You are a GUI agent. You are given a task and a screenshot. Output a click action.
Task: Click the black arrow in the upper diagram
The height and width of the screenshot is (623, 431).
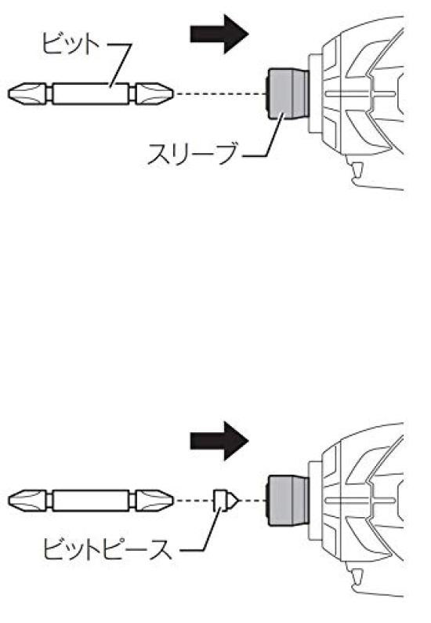pos(219,34)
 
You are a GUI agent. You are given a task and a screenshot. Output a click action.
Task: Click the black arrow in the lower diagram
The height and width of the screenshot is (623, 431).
pos(219,441)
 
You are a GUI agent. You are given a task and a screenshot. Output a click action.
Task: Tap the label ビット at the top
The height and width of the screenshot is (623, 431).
pos(71,44)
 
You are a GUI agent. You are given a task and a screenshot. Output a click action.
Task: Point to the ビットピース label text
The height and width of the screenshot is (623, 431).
pos(108,549)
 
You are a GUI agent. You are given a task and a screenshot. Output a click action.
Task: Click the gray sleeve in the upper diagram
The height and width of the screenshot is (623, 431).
pos(287,94)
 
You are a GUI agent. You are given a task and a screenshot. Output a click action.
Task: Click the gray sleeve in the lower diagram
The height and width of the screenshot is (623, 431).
pos(287,501)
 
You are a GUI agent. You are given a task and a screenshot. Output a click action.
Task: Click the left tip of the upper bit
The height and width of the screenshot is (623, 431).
pos(9,94)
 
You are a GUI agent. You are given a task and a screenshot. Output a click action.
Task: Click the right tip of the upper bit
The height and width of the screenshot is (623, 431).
pos(172,94)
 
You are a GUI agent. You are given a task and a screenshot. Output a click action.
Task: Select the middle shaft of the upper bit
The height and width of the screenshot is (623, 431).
pos(91,94)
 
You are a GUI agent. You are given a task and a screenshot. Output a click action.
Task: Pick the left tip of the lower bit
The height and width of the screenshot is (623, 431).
pos(9,501)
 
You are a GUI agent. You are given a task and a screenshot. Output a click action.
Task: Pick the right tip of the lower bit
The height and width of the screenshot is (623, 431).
pos(172,501)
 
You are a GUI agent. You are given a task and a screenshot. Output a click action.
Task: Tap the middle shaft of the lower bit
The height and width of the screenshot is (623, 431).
pos(91,501)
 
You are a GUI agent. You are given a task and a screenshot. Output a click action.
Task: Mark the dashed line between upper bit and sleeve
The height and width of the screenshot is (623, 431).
pos(220,94)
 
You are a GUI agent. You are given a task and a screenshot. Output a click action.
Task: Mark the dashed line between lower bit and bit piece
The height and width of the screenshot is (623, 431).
pos(194,501)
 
